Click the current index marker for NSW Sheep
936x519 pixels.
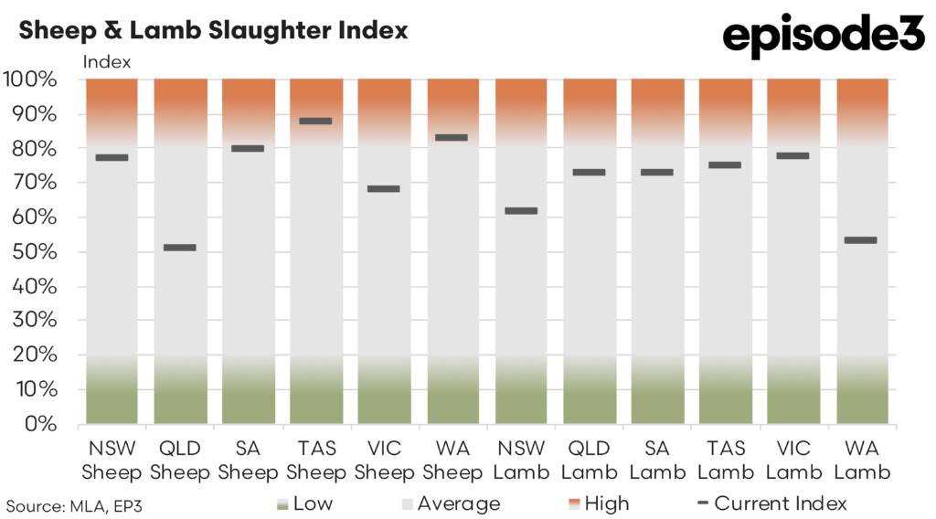(112, 157)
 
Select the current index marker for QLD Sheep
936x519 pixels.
(179, 248)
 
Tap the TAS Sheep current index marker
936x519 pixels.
(315, 121)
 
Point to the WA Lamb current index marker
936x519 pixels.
(860, 240)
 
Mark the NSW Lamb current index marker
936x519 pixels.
(520, 211)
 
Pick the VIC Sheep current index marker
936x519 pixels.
(383, 189)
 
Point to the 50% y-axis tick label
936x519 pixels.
(36, 252)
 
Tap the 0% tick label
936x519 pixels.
(41, 425)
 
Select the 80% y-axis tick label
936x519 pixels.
(36, 149)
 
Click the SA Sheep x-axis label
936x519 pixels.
(247, 461)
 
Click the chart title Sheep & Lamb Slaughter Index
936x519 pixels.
(213, 30)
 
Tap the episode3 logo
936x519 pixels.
(824, 37)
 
